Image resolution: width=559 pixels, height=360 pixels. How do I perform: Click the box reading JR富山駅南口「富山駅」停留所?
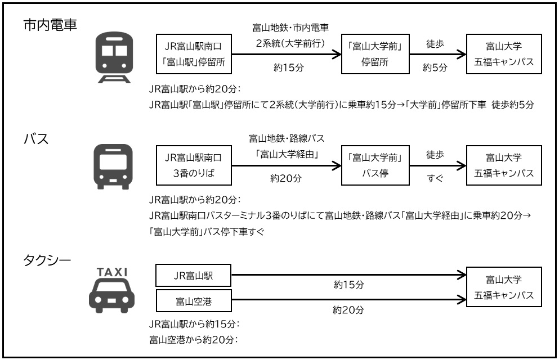[x=194, y=54]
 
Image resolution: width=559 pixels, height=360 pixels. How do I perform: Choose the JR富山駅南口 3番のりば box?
[x=194, y=165]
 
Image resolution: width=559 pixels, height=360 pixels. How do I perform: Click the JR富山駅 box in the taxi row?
[x=194, y=276]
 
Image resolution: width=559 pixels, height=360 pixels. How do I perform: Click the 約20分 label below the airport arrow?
[x=349, y=309]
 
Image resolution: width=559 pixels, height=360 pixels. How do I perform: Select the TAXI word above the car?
[x=113, y=272]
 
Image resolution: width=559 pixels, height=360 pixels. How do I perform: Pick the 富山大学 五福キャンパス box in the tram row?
[x=504, y=54]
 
